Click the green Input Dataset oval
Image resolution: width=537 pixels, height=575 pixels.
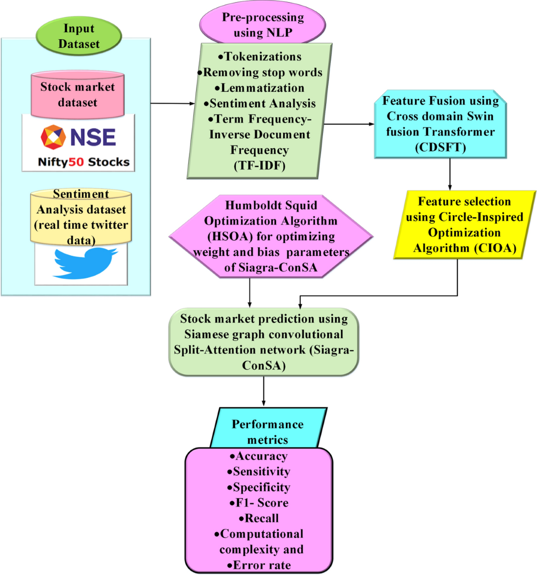[x=79, y=36]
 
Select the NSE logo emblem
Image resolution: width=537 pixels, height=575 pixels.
[x=53, y=137]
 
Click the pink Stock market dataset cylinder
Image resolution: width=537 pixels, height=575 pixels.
[x=77, y=94]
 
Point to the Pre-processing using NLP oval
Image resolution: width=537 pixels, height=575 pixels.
[x=263, y=25]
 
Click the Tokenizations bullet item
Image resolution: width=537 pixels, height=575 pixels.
[x=260, y=57]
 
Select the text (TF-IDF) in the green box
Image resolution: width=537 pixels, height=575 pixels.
[x=260, y=166]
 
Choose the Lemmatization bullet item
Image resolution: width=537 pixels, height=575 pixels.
[x=260, y=88]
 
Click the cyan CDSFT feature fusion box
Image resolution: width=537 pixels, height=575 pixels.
[x=440, y=124]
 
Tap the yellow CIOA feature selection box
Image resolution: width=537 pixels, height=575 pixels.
[x=465, y=225]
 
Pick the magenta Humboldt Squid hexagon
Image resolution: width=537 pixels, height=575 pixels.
[x=271, y=236]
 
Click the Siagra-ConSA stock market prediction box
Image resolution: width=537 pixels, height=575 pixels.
[x=264, y=342]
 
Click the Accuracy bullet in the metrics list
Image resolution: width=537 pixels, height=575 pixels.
[x=259, y=456]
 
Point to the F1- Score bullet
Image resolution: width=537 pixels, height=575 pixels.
[x=259, y=503]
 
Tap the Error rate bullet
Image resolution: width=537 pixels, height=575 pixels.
[x=259, y=565]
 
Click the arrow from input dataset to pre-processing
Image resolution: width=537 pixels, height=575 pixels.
[x=172, y=104]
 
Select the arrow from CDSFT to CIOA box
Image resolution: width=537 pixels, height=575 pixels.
[x=450, y=174]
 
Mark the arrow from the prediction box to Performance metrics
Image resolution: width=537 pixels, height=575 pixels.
[x=264, y=391]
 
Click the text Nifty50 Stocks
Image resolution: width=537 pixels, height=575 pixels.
[x=84, y=162]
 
